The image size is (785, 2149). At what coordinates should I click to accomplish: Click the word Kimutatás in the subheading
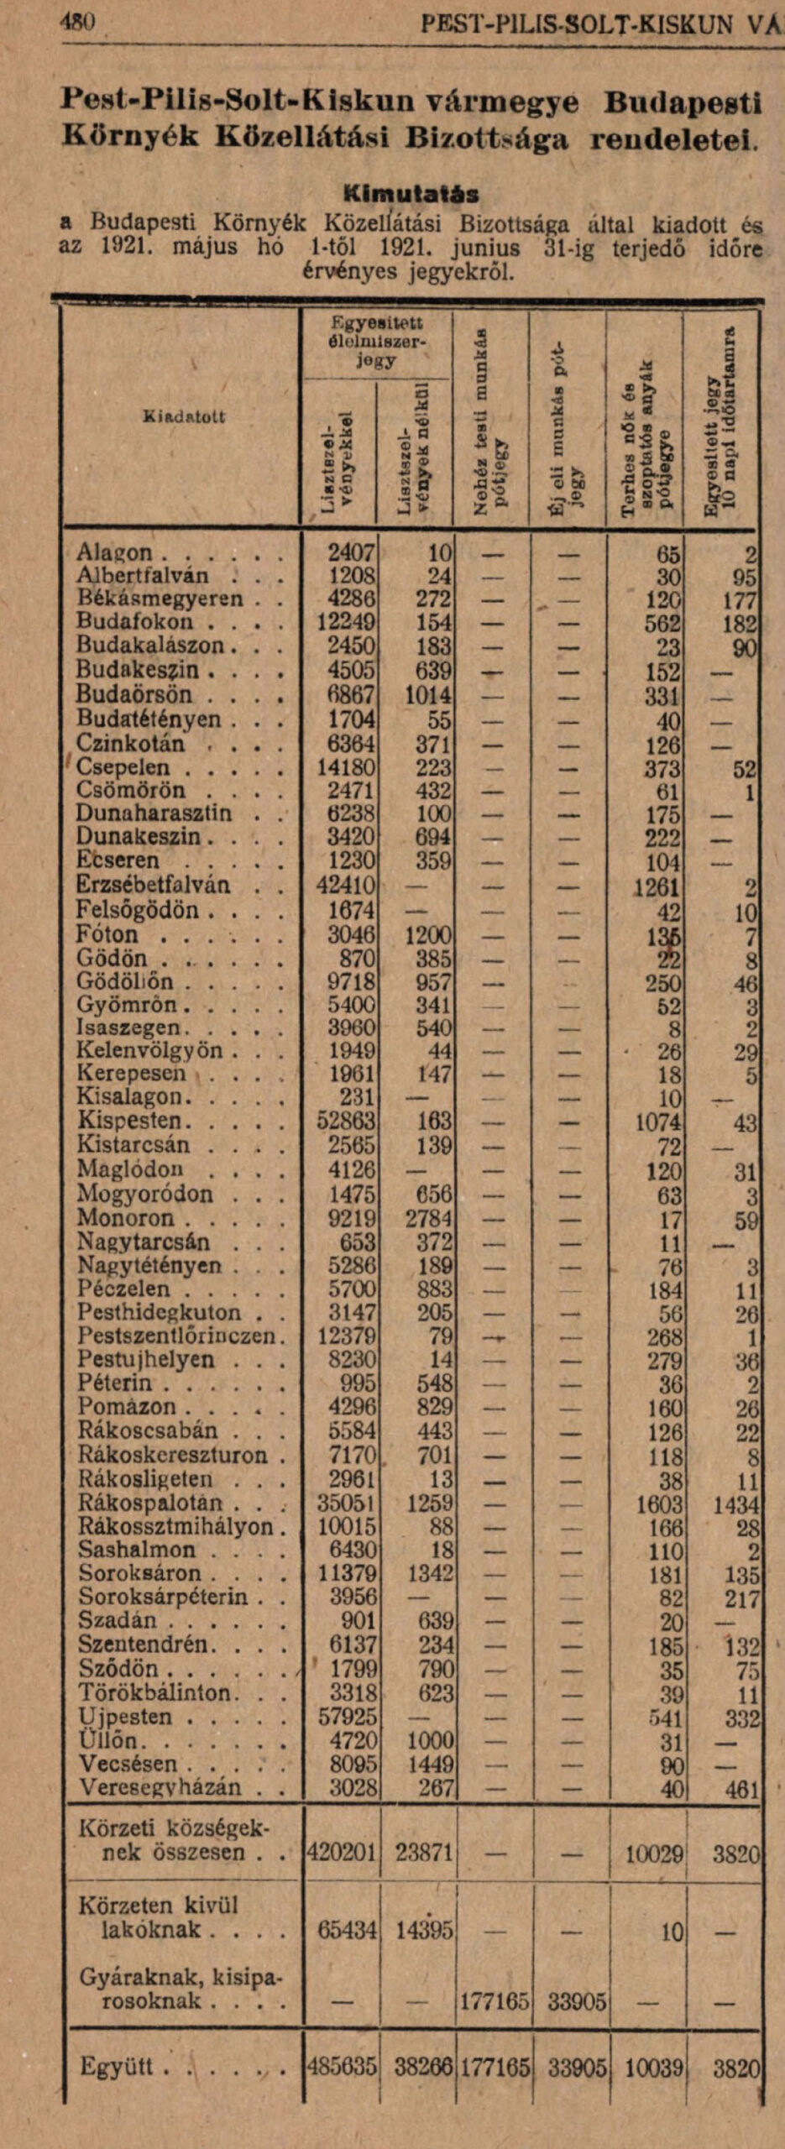(x=412, y=195)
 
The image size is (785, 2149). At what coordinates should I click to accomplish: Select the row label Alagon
(x=115, y=553)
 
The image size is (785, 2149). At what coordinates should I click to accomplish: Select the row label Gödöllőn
(x=125, y=982)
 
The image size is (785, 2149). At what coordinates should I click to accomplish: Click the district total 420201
(x=342, y=1854)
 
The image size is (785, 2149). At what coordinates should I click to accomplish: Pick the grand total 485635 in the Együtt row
(x=342, y=2066)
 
